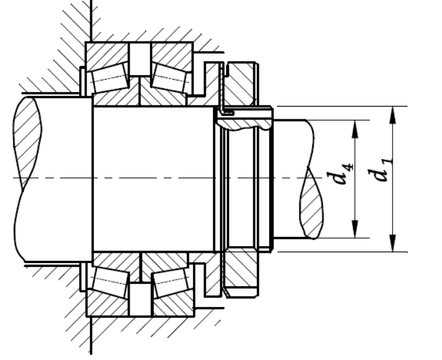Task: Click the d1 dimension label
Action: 379,171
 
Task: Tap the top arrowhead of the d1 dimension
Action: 393,115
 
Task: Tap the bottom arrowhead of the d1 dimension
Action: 393,243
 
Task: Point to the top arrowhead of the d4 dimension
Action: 355,129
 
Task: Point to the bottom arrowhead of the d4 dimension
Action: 355,229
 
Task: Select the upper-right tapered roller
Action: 170,77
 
